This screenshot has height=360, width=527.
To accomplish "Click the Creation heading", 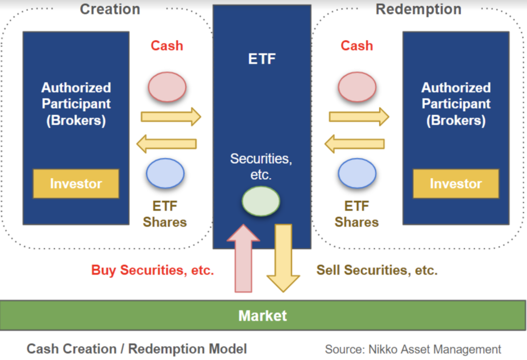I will [110, 9].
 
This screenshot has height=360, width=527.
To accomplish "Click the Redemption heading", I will [418, 9].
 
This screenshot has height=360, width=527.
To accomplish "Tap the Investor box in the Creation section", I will [76, 184].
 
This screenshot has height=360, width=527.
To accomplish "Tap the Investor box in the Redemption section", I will [455, 184].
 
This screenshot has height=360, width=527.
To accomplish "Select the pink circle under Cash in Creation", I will [167, 87].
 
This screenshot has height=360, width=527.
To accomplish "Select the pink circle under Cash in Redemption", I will [357, 87].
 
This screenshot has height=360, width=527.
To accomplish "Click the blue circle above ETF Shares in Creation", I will [165, 174].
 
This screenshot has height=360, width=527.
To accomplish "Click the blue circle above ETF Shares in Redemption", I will [357, 174].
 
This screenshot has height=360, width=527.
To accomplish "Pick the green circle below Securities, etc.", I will [261, 201].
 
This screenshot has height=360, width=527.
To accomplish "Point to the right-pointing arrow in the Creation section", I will [170, 116].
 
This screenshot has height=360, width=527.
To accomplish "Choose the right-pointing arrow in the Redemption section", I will [359, 116].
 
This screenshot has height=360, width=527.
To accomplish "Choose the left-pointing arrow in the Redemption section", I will [355, 144].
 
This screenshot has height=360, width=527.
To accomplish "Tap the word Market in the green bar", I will [262, 315].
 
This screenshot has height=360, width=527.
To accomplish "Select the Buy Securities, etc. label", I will [152, 270].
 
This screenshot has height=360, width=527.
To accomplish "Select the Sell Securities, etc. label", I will [377, 270].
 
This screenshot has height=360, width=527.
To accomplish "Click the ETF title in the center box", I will [262, 59].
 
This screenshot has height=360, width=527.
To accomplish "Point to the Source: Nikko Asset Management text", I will [413, 349].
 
